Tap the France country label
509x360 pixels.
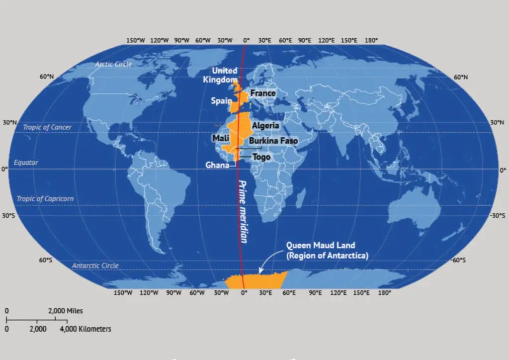click(263, 93)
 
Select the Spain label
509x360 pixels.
click(221, 101)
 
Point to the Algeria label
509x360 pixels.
click(265, 126)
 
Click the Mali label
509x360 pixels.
click(220, 138)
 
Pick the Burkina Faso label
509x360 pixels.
click(273, 141)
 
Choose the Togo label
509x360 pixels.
click(261, 157)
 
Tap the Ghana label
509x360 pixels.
click(217, 165)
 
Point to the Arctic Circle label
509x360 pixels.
click(113, 65)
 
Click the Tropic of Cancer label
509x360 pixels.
click(47, 127)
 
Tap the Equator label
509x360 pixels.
click(26, 163)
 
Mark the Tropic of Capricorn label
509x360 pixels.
click(45, 199)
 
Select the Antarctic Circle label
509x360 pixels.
click(95, 266)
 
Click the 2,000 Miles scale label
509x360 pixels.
click(65, 311)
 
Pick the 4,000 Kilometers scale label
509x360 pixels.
click(85, 329)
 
